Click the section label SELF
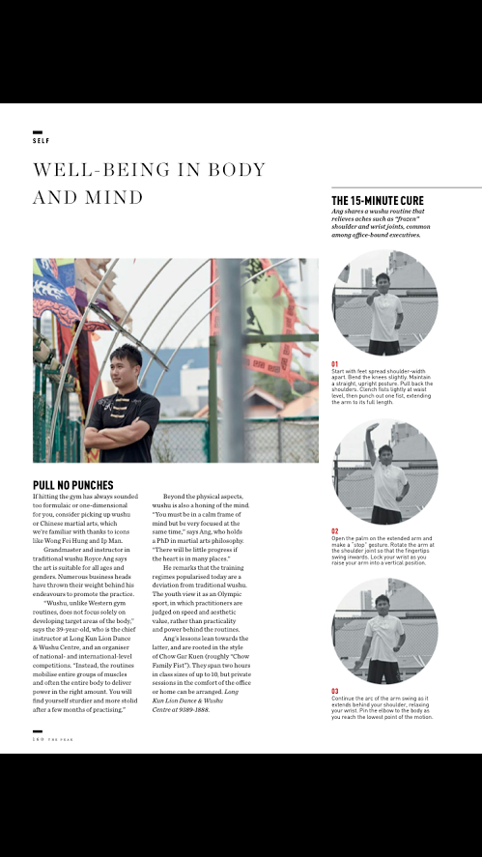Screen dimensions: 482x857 41,140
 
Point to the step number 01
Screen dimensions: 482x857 335,363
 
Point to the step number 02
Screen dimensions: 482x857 335,531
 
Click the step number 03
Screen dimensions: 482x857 335,691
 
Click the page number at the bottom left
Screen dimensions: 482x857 37,740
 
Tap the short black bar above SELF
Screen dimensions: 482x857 38,131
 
